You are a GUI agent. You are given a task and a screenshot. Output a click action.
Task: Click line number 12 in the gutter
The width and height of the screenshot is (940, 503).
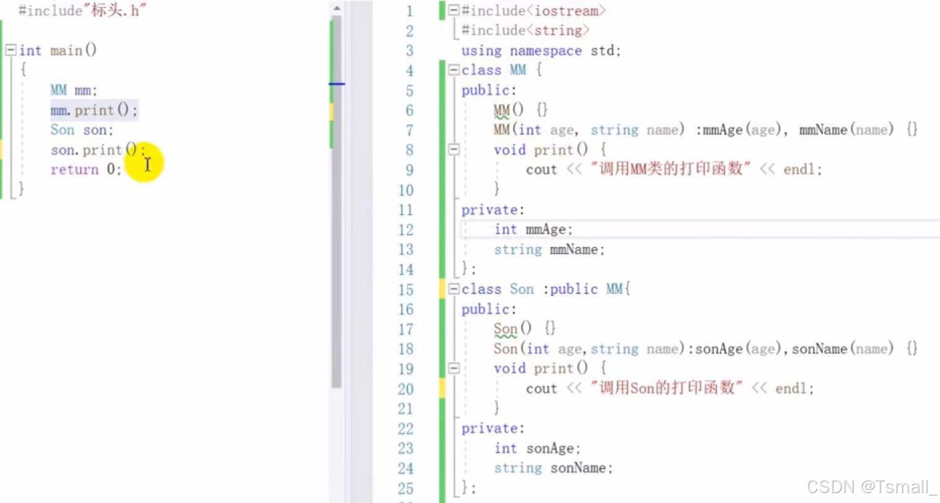coord(405,230)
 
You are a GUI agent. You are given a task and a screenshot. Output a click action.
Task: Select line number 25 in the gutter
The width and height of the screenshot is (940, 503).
coord(405,488)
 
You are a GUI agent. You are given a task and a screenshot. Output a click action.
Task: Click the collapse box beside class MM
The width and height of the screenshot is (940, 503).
coord(454,71)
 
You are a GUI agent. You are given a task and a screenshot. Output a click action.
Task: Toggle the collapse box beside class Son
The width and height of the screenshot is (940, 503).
coord(454,289)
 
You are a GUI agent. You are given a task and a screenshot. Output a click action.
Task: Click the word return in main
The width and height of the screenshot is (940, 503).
coord(74,170)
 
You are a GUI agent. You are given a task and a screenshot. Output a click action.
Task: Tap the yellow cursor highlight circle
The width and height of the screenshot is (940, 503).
coord(144,164)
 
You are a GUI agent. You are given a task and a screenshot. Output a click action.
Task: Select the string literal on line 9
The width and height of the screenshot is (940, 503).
coord(670,169)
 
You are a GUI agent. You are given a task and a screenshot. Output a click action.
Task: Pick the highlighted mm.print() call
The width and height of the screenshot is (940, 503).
coord(94,110)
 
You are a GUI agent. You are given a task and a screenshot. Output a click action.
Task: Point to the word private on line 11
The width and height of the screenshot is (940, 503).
coord(491,210)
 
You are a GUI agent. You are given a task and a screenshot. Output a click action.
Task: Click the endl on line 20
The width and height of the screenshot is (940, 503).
coord(793,388)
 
